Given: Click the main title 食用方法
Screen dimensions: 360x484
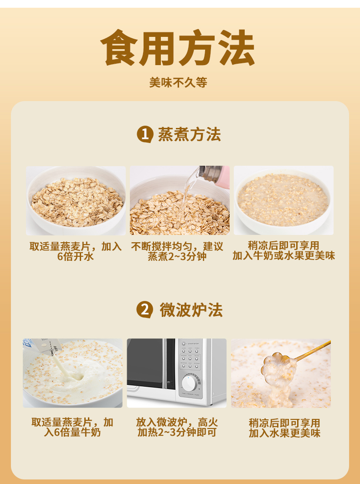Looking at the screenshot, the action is coord(178,48).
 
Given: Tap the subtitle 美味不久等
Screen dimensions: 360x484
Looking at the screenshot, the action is coord(178,82).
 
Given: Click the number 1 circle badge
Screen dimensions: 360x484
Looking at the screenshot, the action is coord(144,135).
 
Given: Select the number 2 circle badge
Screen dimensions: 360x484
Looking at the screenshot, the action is coord(144,310).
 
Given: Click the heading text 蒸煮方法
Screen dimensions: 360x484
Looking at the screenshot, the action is coord(190,135).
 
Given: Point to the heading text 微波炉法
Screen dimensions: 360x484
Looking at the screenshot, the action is coord(191,310).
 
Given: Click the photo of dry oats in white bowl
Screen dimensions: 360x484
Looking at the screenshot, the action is coord(76,201).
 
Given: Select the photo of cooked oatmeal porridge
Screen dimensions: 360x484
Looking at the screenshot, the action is coord(283,201).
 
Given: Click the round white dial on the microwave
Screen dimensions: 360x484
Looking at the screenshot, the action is coord(188,384).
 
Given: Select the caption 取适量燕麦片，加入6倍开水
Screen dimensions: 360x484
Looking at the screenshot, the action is coord(76,251).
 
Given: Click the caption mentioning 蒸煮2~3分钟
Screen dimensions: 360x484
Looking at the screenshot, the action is coord(177,251).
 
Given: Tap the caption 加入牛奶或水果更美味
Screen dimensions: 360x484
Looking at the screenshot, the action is coord(284,256).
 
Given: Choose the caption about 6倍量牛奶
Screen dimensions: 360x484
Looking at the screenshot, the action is coord(72,427).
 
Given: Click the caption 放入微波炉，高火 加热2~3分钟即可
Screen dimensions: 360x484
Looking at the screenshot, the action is coord(177,427).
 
